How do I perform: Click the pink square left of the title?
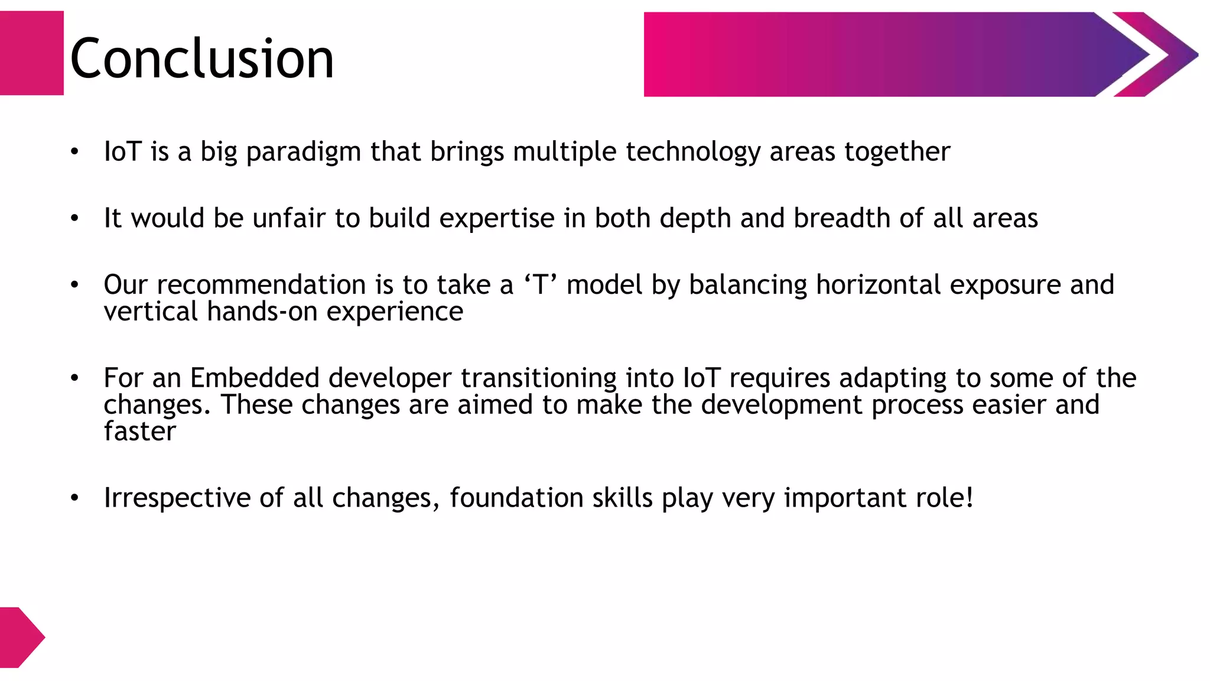pos(31,53)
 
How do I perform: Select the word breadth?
pos(841,218)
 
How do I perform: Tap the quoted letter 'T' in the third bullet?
pos(541,285)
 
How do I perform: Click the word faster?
pos(140,432)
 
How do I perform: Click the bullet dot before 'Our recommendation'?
pos(74,285)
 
